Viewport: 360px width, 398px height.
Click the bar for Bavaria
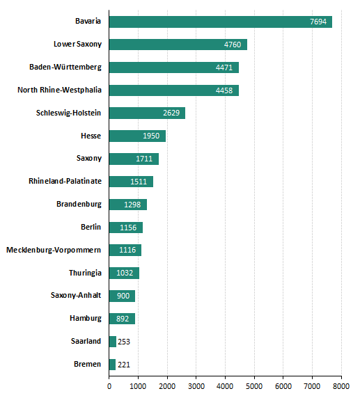(221, 22)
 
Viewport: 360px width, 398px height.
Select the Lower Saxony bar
(178, 45)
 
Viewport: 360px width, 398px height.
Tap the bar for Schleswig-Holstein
(147, 113)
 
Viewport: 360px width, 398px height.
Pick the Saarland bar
(113, 342)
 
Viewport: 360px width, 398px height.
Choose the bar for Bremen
(112, 365)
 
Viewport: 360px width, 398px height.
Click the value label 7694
(318, 22)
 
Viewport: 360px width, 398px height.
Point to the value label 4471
(224, 67)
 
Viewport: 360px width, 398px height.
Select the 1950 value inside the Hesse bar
(151, 136)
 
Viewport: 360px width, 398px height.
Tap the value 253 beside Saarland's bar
(124, 342)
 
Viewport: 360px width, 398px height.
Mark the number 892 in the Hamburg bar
(123, 319)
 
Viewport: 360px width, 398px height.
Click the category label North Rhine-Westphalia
(59, 90)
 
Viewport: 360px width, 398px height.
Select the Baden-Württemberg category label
(65, 67)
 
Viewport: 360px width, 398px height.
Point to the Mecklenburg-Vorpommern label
(54, 250)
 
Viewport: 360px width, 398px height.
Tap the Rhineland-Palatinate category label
(65, 181)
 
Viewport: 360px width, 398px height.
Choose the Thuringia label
(85, 273)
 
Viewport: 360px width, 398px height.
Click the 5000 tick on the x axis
(254, 386)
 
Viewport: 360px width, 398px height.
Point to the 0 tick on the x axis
(109, 386)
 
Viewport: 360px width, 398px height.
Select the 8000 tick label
(341, 386)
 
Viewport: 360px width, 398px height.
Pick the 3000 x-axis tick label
(196, 386)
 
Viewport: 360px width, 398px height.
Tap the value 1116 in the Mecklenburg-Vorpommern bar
(127, 250)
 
